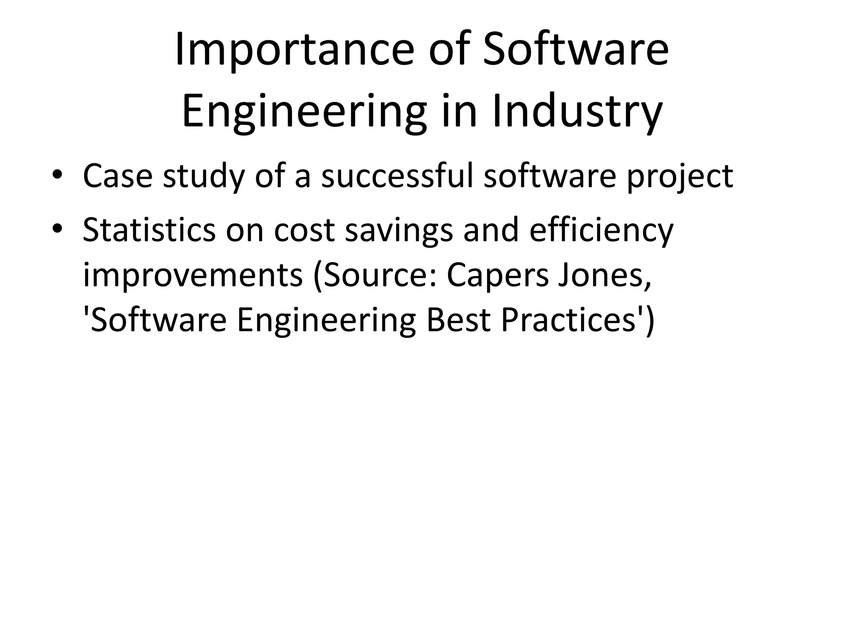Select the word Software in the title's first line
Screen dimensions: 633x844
[576, 50]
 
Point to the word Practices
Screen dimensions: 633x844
[568, 321]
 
